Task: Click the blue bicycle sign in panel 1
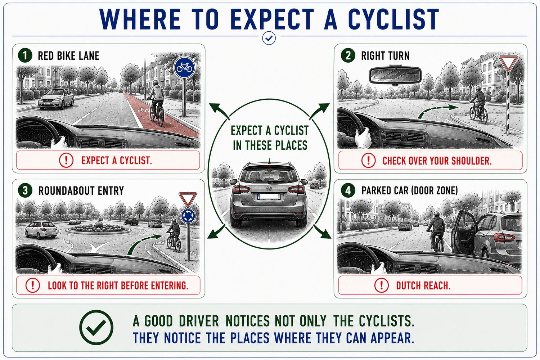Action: pos(184,68)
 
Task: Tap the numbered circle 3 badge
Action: pos(25,190)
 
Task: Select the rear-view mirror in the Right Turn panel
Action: pos(395,75)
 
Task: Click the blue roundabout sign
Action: pos(188,216)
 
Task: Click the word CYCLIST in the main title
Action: pos(393,19)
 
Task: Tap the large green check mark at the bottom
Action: pos(96,327)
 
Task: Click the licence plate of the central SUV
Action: pos(269,197)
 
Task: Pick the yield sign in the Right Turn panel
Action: pos(508,63)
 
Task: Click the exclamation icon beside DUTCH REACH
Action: pos(381,285)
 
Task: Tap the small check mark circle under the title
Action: pos(269,38)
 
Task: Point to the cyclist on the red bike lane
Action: pos(157,103)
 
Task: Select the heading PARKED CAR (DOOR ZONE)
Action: pos(410,190)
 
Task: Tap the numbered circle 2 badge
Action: pos(348,55)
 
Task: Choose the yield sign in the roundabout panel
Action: pos(188,199)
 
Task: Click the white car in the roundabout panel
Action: pos(41,229)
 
